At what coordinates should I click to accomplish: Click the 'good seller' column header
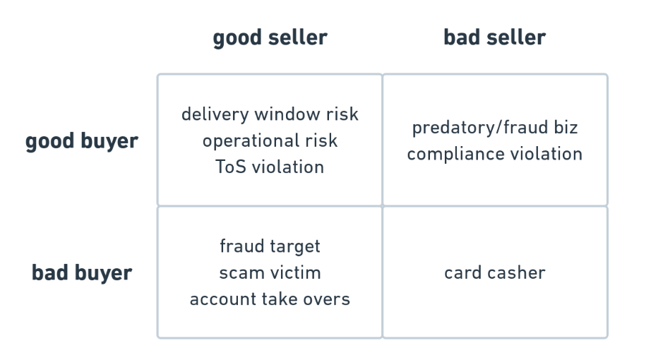(x=270, y=38)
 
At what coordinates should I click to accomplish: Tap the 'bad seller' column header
(x=494, y=37)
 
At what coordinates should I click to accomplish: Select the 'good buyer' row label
(x=82, y=141)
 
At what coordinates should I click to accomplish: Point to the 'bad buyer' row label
(x=82, y=273)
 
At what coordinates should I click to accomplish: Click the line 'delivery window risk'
(x=270, y=114)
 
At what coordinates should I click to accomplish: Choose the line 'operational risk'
(x=270, y=141)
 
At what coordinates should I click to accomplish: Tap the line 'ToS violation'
(x=270, y=167)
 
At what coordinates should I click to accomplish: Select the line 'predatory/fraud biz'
(x=495, y=128)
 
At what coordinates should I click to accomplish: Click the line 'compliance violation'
(x=495, y=155)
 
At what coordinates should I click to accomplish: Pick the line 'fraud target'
(x=270, y=246)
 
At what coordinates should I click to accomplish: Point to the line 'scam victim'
(x=270, y=273)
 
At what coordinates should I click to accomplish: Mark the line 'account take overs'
(x=270, y=299)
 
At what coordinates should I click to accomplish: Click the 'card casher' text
(x=495, y=273)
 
